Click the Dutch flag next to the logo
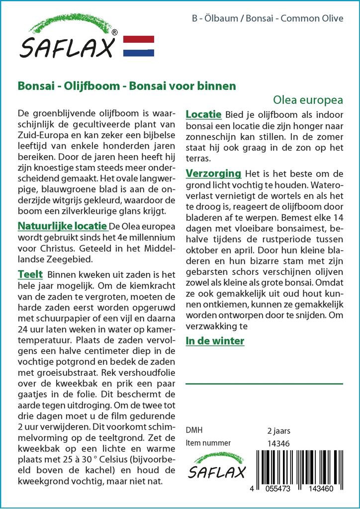pos(138,46)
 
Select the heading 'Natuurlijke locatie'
pos(63,226)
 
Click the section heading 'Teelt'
pos(30,274)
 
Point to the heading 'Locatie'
pos(203,114)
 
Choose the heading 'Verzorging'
pos(213,173)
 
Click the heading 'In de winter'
pos(215,341)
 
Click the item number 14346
pos(278,443)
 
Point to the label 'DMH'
pos(194,430)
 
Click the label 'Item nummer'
pos(208,443)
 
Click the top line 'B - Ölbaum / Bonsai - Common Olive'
pos(267,18)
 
